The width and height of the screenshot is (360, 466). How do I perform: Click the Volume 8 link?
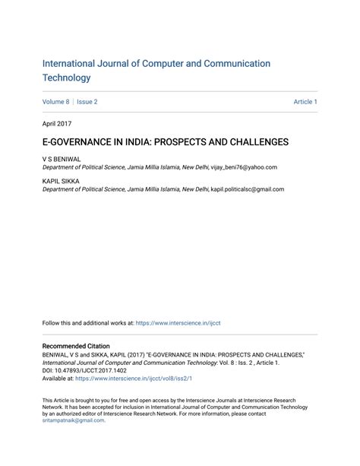point(55,102)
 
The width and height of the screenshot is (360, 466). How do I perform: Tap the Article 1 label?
point(305,102)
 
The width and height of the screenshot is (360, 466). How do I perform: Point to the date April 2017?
point(58,122)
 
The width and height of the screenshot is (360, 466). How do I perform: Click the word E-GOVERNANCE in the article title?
point(74,142)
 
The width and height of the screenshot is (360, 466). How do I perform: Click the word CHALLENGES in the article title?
point(251,142)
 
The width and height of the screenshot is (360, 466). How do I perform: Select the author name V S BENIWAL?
point(62,159)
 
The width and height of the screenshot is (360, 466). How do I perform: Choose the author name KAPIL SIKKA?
point(60,181)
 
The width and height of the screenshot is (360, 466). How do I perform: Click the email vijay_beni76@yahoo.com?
point(244,166)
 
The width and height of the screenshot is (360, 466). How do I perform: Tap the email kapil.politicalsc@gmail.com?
point(248,189)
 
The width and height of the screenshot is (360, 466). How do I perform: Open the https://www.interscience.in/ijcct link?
point(178,323)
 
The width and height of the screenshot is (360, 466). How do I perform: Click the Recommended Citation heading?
point(76,346)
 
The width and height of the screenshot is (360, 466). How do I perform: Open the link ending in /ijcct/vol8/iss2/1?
point(134,379)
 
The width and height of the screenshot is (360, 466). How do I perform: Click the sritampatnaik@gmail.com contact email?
point(73,420)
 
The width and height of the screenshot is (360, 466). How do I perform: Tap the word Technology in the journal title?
point(67,78)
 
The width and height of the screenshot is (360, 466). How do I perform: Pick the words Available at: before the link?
point(58,379)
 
